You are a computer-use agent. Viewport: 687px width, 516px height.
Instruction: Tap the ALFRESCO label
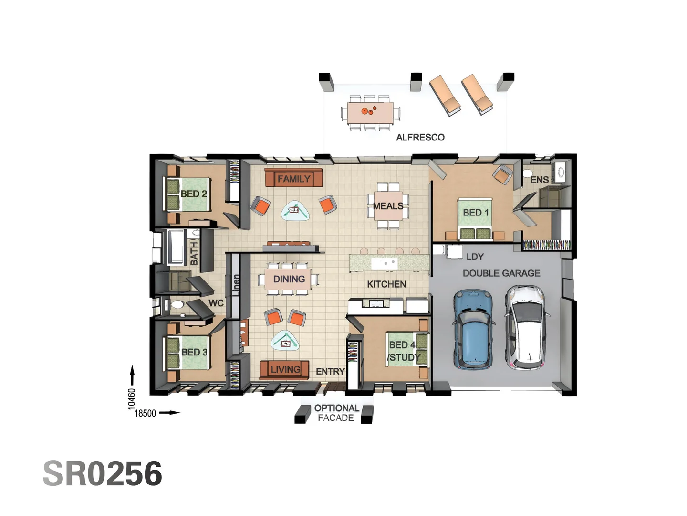420,138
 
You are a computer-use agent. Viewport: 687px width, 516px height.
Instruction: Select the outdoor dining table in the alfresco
370,113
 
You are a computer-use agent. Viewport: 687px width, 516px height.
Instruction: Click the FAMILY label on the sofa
294,179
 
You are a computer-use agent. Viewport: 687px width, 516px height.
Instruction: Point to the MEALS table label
388,206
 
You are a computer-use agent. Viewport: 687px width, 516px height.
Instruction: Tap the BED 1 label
476,213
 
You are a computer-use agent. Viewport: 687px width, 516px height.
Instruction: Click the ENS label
539,180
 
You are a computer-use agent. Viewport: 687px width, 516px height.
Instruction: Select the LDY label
475,257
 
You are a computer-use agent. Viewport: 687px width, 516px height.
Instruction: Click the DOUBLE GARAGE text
501,273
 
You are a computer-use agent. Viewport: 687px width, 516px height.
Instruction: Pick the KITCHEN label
386,284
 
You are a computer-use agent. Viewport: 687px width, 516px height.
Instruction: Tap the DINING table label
289,279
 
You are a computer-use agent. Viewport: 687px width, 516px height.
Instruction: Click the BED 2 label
194,194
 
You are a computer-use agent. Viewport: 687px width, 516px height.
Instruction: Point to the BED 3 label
194,352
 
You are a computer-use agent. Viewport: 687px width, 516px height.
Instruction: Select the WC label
216,303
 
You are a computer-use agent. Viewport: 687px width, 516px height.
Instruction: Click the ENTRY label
330,372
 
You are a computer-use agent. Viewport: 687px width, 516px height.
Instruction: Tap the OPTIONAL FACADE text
336,413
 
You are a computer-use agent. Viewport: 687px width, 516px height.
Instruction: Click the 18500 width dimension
145,413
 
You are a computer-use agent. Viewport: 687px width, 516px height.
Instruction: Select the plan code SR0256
103,474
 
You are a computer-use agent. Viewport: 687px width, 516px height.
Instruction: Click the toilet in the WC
176,304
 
